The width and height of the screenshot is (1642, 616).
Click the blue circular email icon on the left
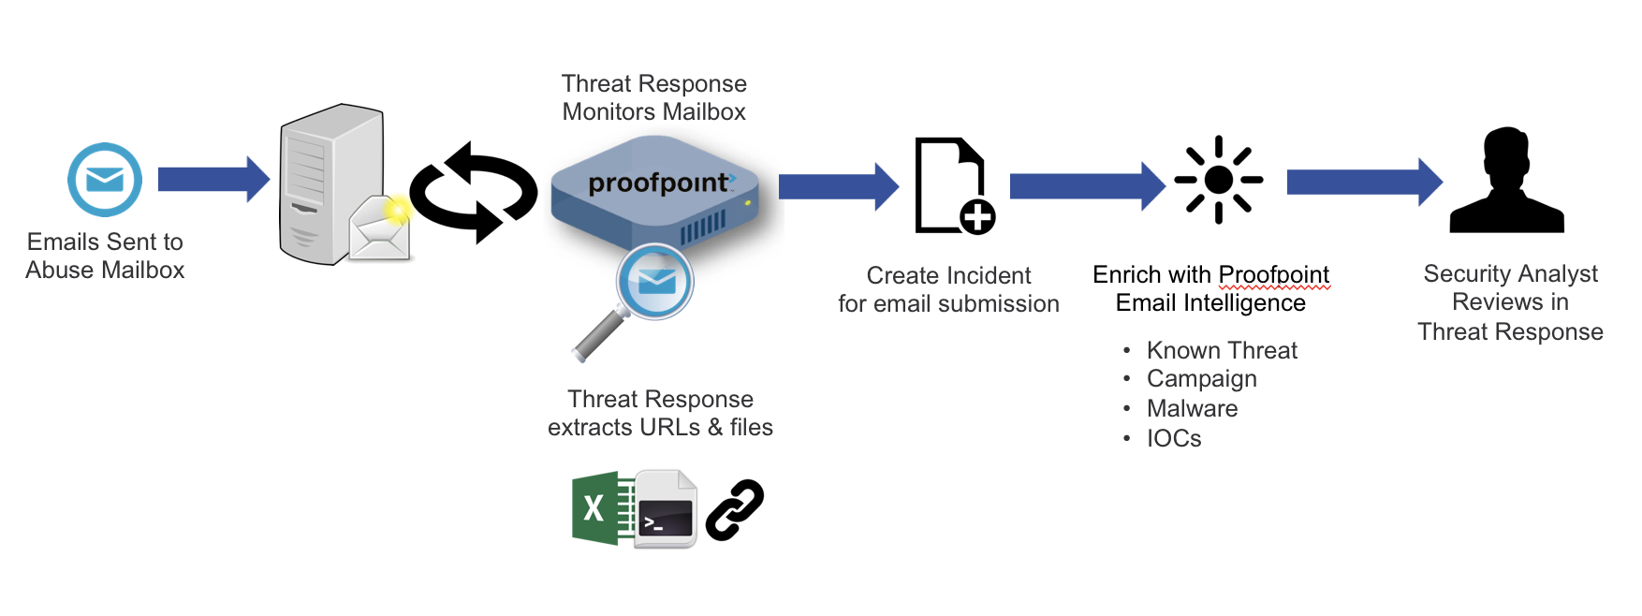pos(105,180)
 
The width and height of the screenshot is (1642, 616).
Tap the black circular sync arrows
pos(474,192)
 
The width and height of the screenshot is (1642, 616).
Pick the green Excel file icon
pos(597,508)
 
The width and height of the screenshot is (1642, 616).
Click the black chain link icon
pos(735,509)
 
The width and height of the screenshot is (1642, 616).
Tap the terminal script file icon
pos(666,510)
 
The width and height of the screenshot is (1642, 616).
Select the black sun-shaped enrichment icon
pos(1218,180)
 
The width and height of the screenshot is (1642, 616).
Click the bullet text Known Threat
pos(1222,350)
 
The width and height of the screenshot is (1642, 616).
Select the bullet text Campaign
pos(1202,379)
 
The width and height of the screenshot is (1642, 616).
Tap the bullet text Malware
pos(1193,408)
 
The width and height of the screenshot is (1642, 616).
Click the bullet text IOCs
pos(1174,438)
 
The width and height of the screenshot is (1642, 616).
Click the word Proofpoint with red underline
pos(1274,274)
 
